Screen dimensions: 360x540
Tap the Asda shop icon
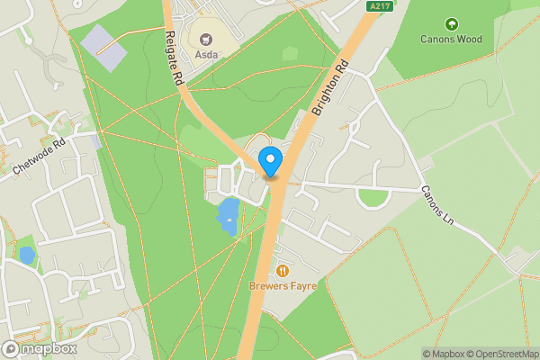point(205,40)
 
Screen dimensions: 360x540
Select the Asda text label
point(205,54)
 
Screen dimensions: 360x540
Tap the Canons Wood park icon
point(451,23)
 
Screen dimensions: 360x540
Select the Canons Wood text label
point(451,39)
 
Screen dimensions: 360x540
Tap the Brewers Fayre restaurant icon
point(283,270)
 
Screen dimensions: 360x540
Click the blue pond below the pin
point(228,217)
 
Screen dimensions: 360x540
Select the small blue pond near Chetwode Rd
point(26,256)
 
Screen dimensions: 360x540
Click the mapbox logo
point(40,349)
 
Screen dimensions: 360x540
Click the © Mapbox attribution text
point(443,354)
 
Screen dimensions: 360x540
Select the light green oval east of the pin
point(373,198)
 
